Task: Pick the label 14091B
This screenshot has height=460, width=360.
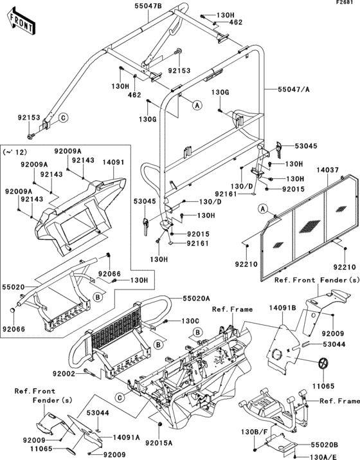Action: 282,308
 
